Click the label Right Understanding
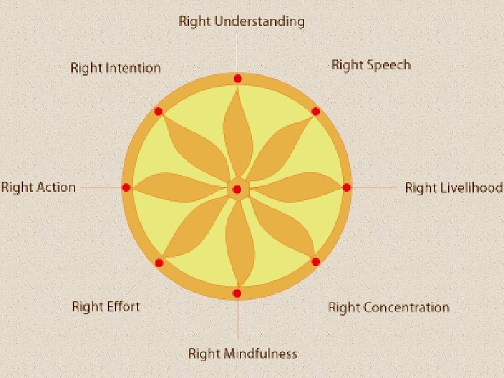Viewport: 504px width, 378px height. pyautogui.click(x=241, y=21)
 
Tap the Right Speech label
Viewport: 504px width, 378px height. pyautogui.click(x=370, y=65)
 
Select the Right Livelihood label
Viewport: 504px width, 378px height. pyautogui.click(x=454, y=188)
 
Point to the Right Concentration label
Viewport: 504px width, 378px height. pyautogui.click(x=388, y=307)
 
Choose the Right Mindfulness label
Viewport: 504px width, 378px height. pyautogui.click(x=242, y=353)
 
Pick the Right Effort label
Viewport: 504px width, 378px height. pyautogui.click(x=106, y=307)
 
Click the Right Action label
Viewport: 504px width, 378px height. pyautogui.click(x=38, y=187)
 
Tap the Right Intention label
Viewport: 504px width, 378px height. pyautogui.click(x=115, y=68)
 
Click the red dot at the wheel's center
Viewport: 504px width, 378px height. pyautogui.click(x=237, y=189)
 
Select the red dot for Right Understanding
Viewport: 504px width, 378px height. pyautogui.click(x=238, y=78)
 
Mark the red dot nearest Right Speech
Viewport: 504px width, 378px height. pyautogui.click(x=316, y=111)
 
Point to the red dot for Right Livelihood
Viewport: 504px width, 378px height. pyautogui.click(x=346, y=188)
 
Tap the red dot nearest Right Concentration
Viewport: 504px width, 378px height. pyautogui.click(x=316, y=262)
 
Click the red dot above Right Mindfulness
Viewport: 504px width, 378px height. pyautogui.click(x=237, y=293)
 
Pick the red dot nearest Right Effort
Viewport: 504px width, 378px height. pyautogui.click(x=159, y=262)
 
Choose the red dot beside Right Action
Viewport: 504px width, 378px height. pyautogui.click(x=126, y=188)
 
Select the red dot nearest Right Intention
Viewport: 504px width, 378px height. pyautogui.click(x=158, y=111)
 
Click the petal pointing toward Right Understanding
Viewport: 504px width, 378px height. pyautogui.click(x=237, y=129)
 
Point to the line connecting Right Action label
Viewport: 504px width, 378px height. pyautogui.click(x=99, y=188)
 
